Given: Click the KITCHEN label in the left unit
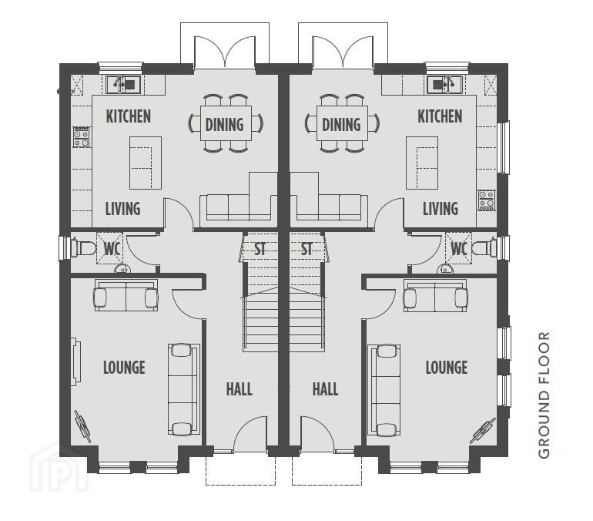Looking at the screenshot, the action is pos(128,116).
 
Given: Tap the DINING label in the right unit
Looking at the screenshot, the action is pos(341,125).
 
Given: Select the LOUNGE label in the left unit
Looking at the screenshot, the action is pos(124,368).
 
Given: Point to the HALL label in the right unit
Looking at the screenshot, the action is pos(325,389).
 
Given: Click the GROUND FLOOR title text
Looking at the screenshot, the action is pos(544,395).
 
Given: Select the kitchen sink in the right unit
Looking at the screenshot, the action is pos(444,85).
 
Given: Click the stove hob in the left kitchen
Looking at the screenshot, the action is pos(82,137).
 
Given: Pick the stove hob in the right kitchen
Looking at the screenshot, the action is pos(487,200).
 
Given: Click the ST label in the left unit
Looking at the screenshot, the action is pos(260,249).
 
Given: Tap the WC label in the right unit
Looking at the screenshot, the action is pos(459,249).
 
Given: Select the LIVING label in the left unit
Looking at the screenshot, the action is pos(122,209).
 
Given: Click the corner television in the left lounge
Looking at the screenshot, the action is pos(82,426).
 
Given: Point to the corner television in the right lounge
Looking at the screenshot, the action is pos(483,430).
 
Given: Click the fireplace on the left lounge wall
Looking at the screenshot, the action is pos(76,361).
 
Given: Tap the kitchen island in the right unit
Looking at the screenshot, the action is pos(422,163).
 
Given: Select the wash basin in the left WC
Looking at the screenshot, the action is pos(122,269).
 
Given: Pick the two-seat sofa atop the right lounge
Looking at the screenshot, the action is pos(435,294).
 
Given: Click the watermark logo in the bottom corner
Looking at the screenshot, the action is pos(59,469).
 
